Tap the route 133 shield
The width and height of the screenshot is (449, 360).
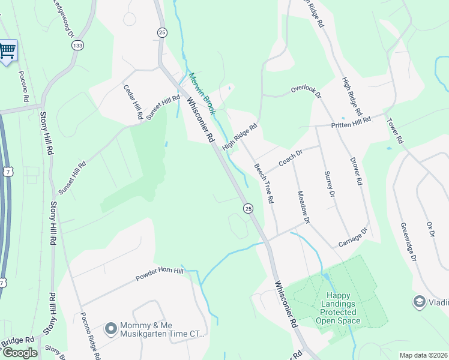pos(77,45)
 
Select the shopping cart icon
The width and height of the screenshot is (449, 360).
pos(7,51)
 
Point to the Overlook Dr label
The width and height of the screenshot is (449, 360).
pos(306,92)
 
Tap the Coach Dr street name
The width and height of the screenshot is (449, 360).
pos(292,159)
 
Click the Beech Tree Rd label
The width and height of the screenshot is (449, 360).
pos(264,182)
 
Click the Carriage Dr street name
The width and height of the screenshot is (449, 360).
pos(352,237)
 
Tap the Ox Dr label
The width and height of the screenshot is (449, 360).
pos(430,230)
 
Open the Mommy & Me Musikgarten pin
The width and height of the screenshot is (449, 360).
pos(110,328)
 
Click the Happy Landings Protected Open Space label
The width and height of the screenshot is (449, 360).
pos(340,308)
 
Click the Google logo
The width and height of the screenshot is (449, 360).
pos(19,353)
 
